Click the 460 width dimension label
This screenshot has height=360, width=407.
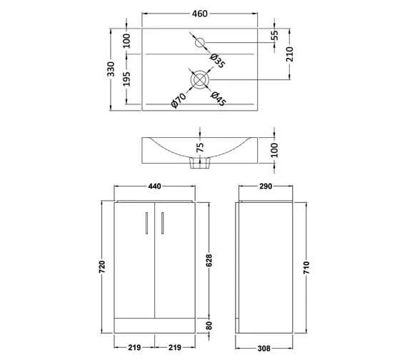tap(200, 14)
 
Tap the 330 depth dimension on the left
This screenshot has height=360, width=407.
tap(111, 69)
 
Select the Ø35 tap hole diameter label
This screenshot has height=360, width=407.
tap(218, 61)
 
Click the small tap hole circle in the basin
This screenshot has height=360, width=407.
tap(200, 42)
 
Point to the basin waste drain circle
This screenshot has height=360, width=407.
tap(200, 79)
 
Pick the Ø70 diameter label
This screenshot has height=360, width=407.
tap(179, 100)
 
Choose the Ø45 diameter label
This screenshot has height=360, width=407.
tap(218, 99)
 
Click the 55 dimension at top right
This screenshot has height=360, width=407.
tap(275, 35)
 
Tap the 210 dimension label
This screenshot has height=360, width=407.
tap(290, 54)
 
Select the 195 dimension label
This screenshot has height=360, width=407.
tap(126, 79)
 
